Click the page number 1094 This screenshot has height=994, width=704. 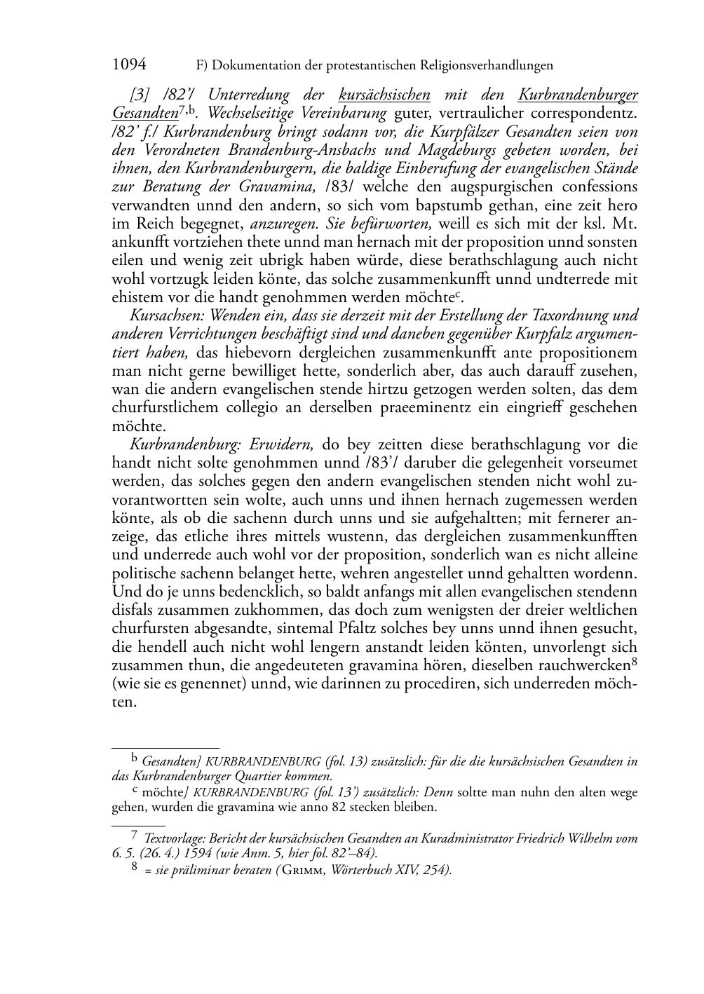129,65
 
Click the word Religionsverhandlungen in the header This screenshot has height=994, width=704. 487,66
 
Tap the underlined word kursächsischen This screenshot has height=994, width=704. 384,95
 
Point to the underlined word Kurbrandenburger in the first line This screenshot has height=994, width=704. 578,95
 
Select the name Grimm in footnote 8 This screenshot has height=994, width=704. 306,870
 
